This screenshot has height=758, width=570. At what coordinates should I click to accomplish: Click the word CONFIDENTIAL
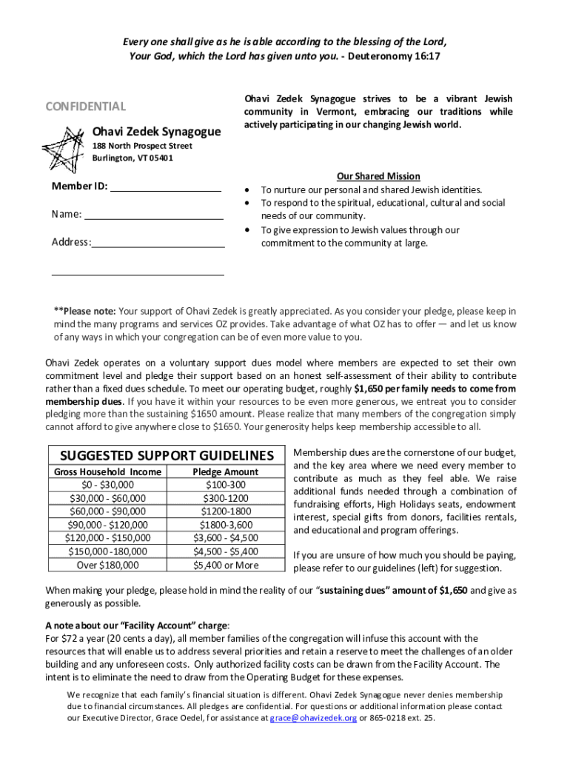86,107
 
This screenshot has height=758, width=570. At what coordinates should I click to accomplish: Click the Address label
71,242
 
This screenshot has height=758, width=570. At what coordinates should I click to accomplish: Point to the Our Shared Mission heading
378,176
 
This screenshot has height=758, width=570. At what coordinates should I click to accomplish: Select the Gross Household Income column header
107,472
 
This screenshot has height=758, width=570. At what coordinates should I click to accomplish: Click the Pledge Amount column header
226,472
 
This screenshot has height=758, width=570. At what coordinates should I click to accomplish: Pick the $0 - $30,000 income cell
107,485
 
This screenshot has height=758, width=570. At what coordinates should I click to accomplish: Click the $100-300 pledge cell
226,485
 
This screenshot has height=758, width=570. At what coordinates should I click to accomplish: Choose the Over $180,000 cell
107,565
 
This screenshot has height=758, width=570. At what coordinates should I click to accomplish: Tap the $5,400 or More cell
226,565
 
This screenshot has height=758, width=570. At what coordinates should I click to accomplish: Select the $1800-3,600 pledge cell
226,525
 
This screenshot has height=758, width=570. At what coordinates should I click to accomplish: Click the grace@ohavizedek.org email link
313,718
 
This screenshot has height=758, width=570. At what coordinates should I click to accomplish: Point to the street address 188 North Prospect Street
142,146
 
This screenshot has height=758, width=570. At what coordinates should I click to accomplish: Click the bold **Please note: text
85,311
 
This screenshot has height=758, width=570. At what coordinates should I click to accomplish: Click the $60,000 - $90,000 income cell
107,512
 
